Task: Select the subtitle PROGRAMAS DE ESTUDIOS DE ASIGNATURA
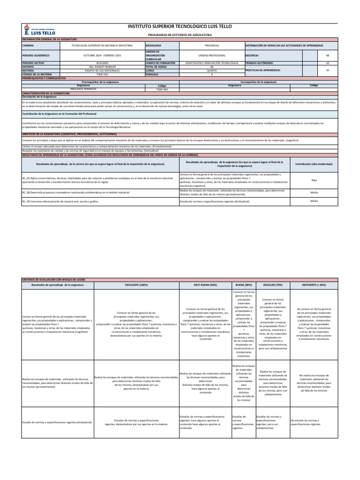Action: tap(180, 35)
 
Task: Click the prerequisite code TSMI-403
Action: tap(162, 90)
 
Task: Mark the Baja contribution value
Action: tap(314, 180)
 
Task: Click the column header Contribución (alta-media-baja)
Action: tap(314, 164)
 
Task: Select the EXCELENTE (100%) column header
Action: tap(136, 285)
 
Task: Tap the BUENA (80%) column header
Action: tap(243, 285)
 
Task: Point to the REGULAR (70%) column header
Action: tap(272, 285)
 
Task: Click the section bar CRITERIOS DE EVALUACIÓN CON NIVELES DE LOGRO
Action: tap(56, 279)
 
